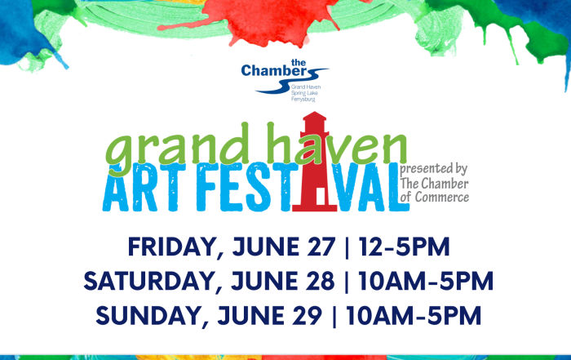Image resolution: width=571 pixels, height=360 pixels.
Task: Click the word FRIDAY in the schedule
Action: pos(172,247)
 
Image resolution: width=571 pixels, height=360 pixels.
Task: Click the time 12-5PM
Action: pos(405,247)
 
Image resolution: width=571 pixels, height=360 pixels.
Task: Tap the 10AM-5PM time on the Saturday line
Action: pos(426,281)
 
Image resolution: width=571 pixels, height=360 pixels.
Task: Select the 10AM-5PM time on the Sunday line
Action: pos(414,316)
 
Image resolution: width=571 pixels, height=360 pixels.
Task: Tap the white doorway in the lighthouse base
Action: pos(321,197)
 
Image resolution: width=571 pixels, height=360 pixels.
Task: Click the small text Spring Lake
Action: pos(304,93)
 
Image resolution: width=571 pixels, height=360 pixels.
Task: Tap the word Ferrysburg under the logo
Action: pos(303,99)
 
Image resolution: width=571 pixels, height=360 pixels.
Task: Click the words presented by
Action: pos(433,169)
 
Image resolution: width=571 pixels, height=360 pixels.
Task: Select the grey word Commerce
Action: pos(442,197)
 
